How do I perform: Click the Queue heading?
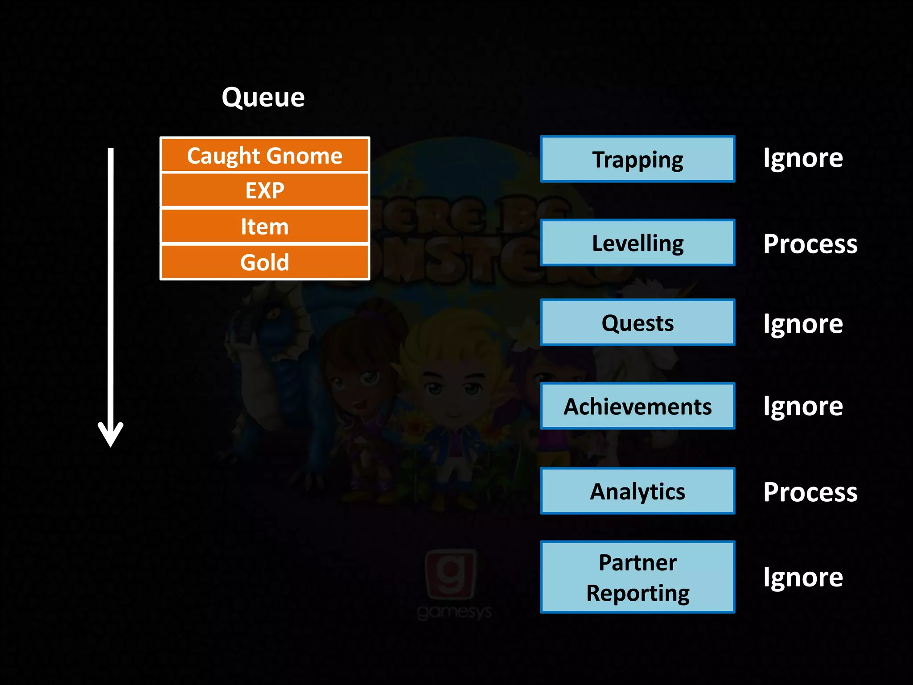[263, 97]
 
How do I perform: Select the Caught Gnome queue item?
[264, 156]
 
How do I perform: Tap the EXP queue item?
[264, 190]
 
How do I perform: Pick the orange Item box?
[264, 226]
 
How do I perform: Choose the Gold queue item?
[264, 262]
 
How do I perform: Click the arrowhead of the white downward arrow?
[111, 435]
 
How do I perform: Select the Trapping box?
[637, 159]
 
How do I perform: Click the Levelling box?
[637, 243]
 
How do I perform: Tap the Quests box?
[637, 322]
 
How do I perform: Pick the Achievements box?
[637, 406]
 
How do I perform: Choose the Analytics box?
[637, 491]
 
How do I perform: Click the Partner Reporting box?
[637, 577]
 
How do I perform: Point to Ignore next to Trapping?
[803, 158]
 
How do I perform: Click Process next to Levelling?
[810, 244]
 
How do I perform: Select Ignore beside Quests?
[803, 324]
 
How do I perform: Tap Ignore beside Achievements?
[803, 406]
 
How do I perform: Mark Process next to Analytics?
[810, 492]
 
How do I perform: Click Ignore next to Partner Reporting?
[803, 578]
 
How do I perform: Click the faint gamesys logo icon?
[451, 575]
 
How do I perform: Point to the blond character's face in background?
[452, 384]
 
